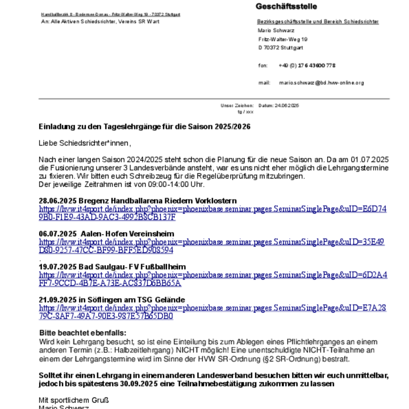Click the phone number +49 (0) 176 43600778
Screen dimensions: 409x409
point(307,65)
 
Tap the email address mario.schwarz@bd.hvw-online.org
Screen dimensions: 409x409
point(321,83)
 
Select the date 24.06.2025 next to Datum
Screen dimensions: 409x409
point(287,106)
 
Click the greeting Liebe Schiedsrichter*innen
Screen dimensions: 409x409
point(84,143)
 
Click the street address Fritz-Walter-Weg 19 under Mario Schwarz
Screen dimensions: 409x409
point(282,39)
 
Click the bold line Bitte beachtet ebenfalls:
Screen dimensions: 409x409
point(83,333)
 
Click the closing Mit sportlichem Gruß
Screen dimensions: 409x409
point(73,400)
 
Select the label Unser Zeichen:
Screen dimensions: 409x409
point(237,106)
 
